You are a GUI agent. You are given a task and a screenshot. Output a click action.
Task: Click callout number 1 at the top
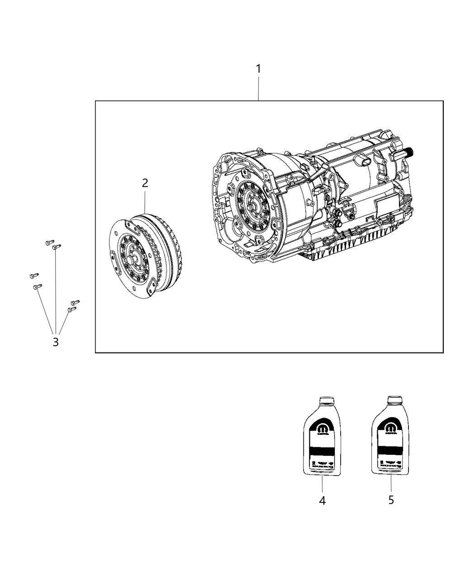pyautogui.click(x=258, y=69)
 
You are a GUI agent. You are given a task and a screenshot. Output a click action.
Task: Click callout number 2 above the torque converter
pyautogui.click(x=145, y=183)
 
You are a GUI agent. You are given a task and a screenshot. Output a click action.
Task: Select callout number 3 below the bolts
pyautogui.click(x=56, y=342)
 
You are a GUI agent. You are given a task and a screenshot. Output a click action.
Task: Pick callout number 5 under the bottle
pyautogui.click(x=391, y=500)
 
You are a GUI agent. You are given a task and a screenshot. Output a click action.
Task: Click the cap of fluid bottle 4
pyautogui.click(x=326, y=401)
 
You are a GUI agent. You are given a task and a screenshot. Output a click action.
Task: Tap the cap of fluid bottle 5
pyautogui.click(x=395, y=401)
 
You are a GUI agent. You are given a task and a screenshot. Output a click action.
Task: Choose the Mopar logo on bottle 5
pyautogui.click(x=390, y=426)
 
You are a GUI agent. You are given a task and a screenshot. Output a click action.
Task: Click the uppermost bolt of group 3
pyautogui.click(x=50, y=243)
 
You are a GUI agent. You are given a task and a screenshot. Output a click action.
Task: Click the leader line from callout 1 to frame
pyautogui.click(x=258, y=88)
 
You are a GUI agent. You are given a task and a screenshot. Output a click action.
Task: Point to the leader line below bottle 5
pyautogui.click(x=391, y=484)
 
